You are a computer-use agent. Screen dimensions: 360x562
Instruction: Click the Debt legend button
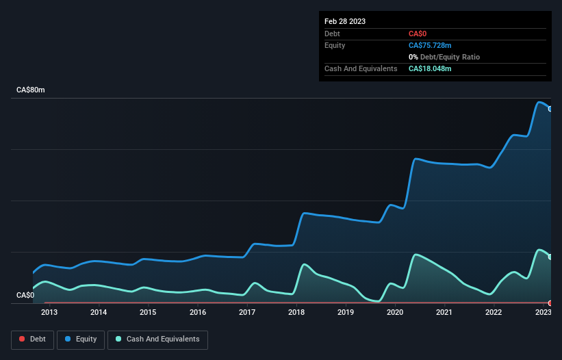31,339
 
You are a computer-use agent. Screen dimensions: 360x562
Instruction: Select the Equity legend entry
81,339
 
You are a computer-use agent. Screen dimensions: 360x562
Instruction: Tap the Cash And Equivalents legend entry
157,339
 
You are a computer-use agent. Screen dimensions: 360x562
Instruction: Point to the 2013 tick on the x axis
49,313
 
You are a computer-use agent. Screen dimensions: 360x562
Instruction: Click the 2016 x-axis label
198,313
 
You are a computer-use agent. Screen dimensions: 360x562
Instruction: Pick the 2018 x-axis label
296,313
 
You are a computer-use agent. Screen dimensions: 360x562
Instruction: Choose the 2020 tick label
395,313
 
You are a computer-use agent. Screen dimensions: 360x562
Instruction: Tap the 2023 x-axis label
543,313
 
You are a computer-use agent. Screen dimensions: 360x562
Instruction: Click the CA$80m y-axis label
30,90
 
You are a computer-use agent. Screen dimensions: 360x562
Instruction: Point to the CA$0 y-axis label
25,296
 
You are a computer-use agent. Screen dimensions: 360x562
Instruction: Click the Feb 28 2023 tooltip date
345,21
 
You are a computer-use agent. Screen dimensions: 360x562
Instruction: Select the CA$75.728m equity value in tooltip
431,45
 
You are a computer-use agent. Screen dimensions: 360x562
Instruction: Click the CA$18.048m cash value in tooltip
430,68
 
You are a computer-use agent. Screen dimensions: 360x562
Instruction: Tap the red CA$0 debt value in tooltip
418,34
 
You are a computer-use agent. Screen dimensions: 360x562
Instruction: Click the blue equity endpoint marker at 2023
550,109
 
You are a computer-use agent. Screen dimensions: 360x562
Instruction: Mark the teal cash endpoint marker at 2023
550,257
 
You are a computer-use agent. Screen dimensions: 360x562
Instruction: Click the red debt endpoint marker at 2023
550,303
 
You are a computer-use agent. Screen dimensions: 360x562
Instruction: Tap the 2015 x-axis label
148,313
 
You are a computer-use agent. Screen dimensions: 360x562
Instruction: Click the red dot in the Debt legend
22,339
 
